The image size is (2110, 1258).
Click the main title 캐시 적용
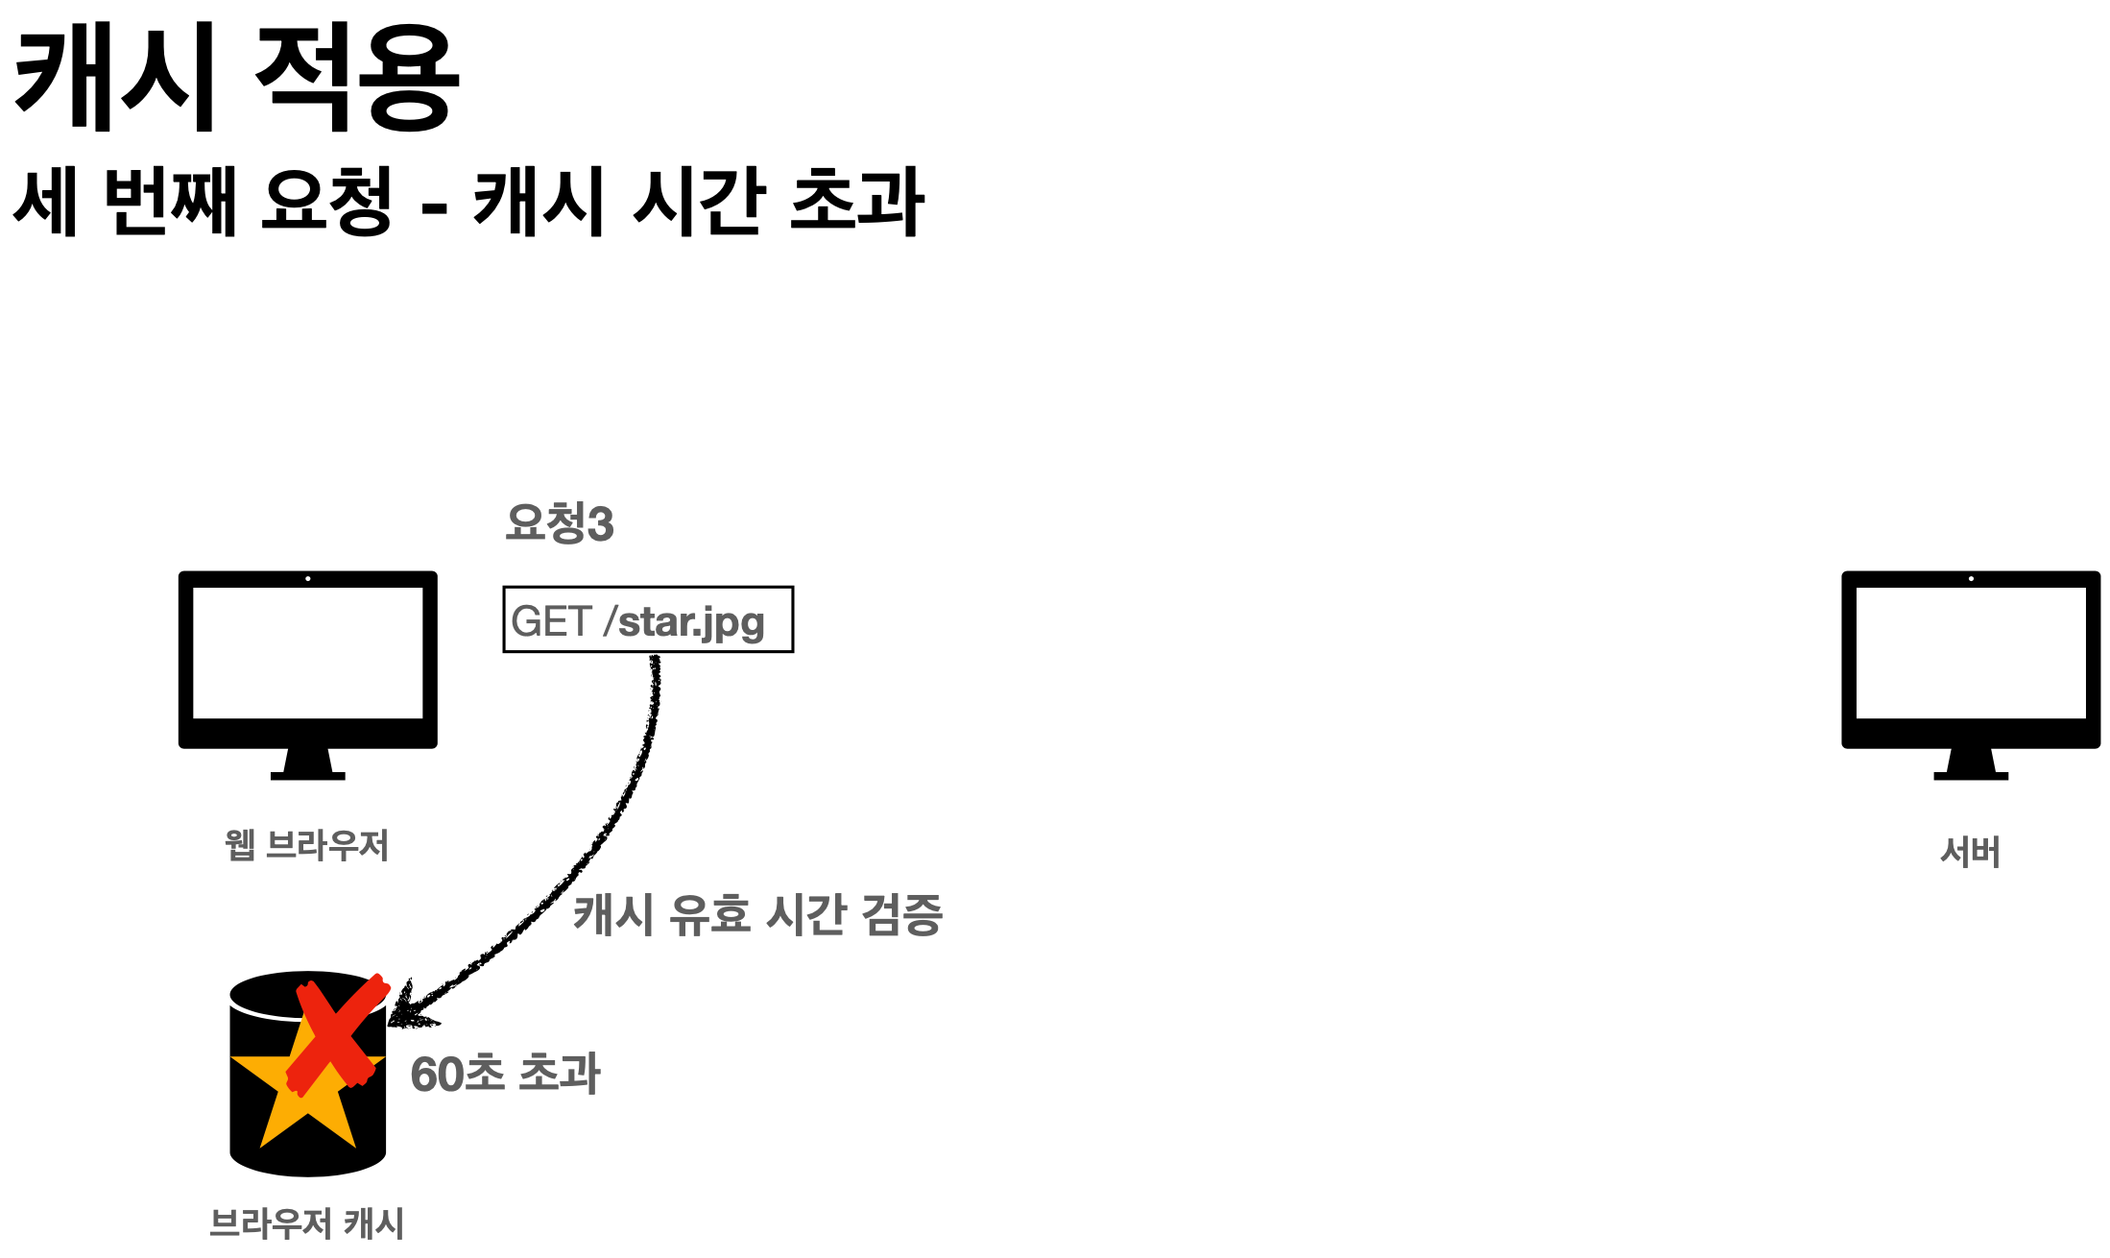[236, 79]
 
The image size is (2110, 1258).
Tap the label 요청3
[559, 523]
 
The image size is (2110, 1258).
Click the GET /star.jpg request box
[648, 619]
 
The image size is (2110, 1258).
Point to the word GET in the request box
[550, 621]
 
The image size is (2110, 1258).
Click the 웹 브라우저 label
[307, 846]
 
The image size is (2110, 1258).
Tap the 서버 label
[1970, 852]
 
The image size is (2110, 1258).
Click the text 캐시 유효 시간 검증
[757, 914]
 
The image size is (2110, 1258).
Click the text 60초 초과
[505, 1074]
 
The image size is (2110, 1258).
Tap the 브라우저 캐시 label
[307, 1223]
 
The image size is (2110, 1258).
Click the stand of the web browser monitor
[307, 764]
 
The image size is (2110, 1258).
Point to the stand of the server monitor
[1970, 764]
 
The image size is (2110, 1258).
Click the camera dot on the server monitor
[1971, 579]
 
